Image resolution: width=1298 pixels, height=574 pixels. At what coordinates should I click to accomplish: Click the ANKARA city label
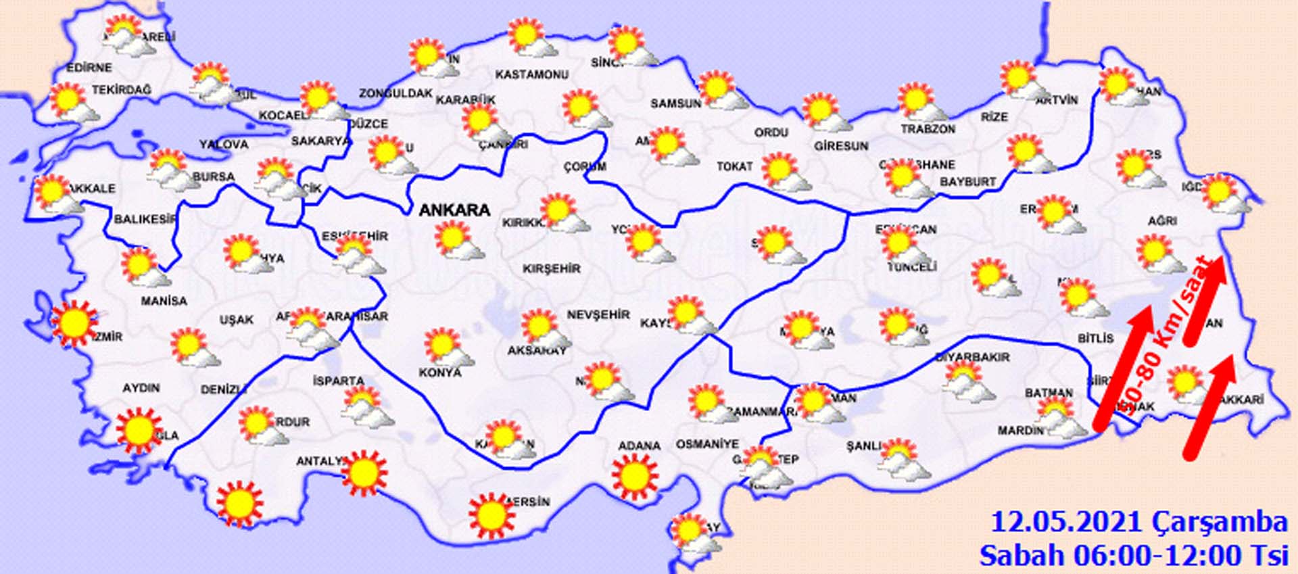(x=454, y=210)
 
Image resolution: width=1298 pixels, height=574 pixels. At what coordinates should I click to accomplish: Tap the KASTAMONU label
(x=531, y=74)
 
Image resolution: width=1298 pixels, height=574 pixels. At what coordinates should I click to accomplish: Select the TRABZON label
(x=928, y=128)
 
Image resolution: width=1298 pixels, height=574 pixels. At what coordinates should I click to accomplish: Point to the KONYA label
(x=440, y=373)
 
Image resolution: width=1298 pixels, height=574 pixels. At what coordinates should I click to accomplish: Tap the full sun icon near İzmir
(x=74, y=324)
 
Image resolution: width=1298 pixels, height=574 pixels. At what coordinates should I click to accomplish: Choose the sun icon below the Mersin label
(x=491, y=516)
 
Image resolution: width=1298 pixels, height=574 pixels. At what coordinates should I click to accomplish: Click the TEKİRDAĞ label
(x=122, y=90)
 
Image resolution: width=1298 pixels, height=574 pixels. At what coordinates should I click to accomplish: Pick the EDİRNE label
(x=89, y=68)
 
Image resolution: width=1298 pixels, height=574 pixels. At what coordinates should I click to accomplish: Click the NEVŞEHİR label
(x=598, y=314)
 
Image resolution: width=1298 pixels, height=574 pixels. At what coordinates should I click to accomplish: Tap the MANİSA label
(x=164, y=300)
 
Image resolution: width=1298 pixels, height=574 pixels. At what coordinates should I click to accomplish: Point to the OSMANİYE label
(x=707, y=444)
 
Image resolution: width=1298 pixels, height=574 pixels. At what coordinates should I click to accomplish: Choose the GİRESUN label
(x=840, y=145)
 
